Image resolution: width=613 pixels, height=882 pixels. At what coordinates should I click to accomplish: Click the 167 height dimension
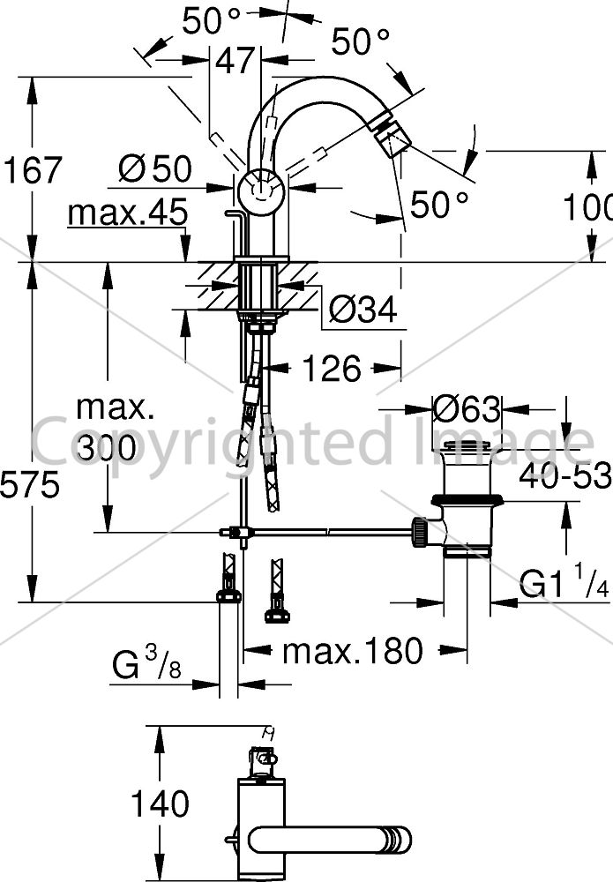pyautogui.click(x=33, y=170)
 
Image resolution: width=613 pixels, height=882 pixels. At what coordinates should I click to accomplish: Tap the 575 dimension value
pyautogui.click(x=29, y=484)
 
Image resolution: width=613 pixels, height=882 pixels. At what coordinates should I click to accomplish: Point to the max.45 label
pyautogui.click(x=128, y=213)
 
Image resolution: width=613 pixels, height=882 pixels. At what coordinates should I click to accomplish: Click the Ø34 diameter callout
pyautogui.click(x=363, y=309)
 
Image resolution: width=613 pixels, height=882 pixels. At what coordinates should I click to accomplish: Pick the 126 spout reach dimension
pyautogui.click(x=332, y=369)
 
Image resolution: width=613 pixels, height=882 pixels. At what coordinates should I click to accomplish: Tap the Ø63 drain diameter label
pyautogui.click(x=467, y=409)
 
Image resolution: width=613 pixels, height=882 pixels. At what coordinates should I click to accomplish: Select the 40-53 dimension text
pyautogui.click(x=564, y=476)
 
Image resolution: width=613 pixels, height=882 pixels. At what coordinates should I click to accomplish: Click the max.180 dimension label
pyautogui.click(x=353, y=651)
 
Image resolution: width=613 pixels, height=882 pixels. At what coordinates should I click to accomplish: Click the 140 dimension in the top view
pyautogui.click(x=160, y=804)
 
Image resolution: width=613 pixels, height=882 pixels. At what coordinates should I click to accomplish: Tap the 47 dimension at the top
pyautogui.click(x=235, y=60)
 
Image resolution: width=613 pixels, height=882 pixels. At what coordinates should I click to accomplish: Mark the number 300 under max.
pyautogui.click(x=107, y=448)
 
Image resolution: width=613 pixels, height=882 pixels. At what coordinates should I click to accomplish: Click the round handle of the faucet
pyautogui.click(x=260, y=191)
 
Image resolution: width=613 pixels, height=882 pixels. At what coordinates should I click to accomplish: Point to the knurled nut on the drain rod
pyautogui.click(x=420, y=532)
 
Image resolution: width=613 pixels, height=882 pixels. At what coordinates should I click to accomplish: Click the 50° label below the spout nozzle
pyautogui.click(x=438, y=203)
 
